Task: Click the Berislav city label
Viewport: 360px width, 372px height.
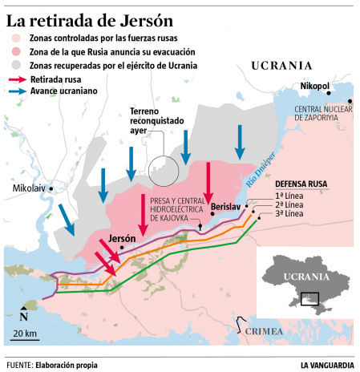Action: pyautogui.click(x=224, y=208)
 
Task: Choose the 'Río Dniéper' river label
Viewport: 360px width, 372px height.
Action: pyautogui.click(x=261, y=168)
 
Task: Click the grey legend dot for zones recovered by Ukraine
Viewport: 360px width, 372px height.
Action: pyautogui.click(x=16, y=65)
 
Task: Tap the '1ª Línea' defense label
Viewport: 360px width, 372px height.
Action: pyautogui.click(x=289, y=196)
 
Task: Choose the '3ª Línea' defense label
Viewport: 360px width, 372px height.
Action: pyautogui.click(x=289, y=214)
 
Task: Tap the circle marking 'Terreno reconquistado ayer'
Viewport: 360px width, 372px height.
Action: pyautogui.click(x=162, y=171)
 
